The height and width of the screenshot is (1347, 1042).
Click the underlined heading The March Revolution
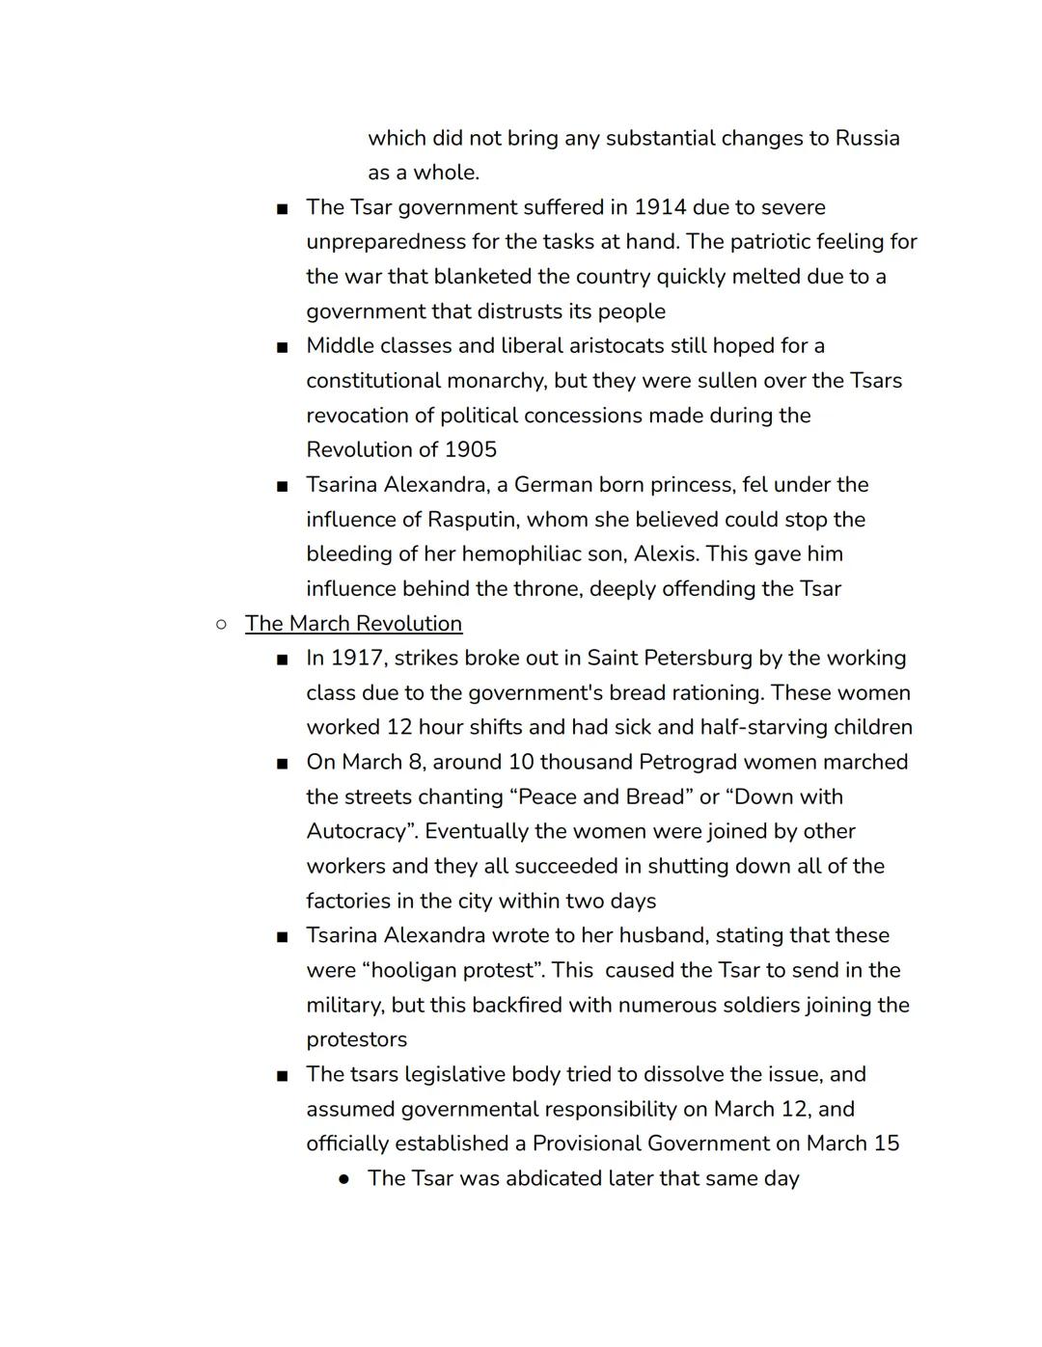[353, 624]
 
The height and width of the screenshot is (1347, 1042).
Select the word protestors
[356, 1040]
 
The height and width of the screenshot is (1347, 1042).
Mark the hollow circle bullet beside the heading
[221, 624]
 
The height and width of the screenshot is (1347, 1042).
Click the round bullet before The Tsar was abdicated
[343, 1179]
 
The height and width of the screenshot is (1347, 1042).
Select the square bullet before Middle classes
[282, 347]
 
